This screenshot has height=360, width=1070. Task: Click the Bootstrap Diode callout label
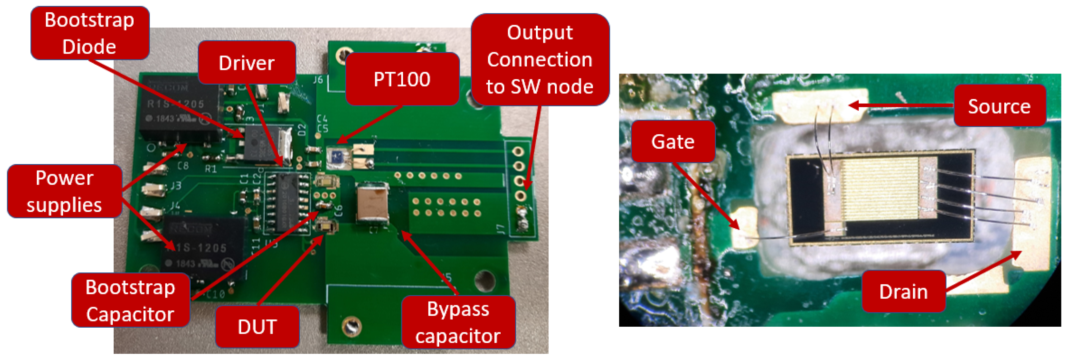(x=90, y=33)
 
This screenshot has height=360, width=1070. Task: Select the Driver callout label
(x=247, y=63)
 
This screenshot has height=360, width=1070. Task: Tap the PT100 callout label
(x=402, y=79)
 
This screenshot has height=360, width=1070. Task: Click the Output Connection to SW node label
(x=540, y=59)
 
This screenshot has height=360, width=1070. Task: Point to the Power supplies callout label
(x=64, y=191)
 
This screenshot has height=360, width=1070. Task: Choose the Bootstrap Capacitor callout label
(x=130, y=300)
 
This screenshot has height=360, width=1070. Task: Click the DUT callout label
(x=257, y=327)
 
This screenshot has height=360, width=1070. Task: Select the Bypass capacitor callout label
(x=458, y=322)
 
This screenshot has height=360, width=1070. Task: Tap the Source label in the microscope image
(x=999, y=106)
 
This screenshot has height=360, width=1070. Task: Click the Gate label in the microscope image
(x=673, y=141)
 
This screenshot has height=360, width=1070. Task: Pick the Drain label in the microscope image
(x=903, y=291)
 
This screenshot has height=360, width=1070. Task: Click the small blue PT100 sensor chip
(x=337, y=157)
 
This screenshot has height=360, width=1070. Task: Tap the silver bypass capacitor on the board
(x=373, y=205)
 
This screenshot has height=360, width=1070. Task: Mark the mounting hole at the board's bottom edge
(x=351, y=326)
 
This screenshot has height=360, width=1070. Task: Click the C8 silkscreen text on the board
(x=183, y=166)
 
